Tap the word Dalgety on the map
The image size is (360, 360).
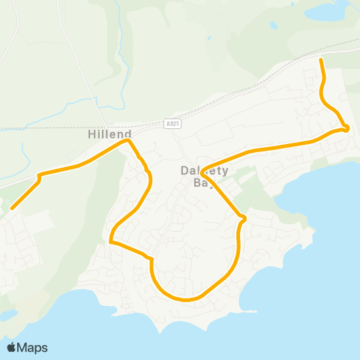coord(199,170)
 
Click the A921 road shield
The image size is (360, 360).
coord(172,125)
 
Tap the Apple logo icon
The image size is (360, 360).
coord(12,347)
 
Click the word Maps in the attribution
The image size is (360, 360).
coord(32,347)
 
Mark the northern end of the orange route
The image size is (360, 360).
coord(322,59)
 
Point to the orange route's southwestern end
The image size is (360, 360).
coord(12,208)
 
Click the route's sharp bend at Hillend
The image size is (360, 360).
coord(129,140)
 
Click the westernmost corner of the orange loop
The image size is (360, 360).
coord(111,241)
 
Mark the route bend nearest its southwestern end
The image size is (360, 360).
coord(40,177)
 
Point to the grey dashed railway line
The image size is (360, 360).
coord(247,82)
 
